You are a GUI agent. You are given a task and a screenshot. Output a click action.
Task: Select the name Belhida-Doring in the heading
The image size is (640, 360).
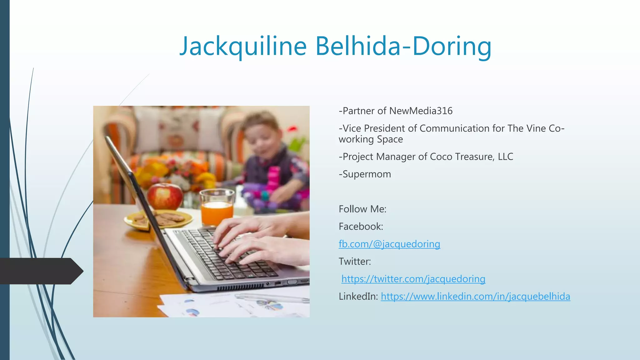(x=403, y=46)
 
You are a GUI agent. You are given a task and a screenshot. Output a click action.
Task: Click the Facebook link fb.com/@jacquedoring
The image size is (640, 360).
(x=389, y=244)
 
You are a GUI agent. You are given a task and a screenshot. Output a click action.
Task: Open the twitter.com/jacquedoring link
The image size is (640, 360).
(x=413, y=279)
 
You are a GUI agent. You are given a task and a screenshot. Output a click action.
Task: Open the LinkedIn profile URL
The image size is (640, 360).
(x=475, y=297)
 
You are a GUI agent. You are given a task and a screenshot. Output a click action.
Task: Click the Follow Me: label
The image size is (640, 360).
(x=362, y=209)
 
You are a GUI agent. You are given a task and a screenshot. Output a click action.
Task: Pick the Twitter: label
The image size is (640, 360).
(x=355, y=262)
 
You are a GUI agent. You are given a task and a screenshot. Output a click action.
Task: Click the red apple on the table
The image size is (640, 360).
(x=165, y=196)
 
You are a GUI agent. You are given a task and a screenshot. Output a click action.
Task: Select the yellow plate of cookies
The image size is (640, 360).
(x=158, y=220)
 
